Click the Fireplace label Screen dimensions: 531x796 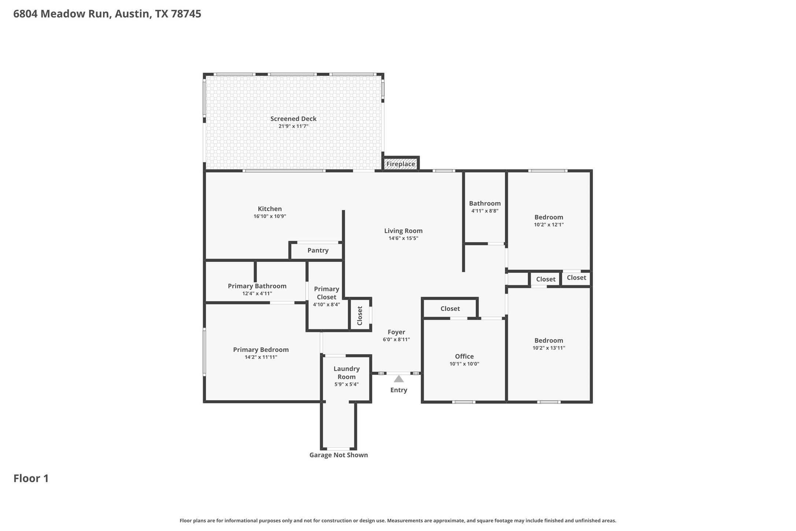tap(401, 164)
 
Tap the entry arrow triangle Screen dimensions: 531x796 tap(398, 379)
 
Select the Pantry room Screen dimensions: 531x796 tap(317, 250)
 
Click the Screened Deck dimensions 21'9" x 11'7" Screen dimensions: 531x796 tap(293, 126)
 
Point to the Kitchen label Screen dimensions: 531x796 tap(270, 209)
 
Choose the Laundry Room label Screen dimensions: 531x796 tap(346, 373)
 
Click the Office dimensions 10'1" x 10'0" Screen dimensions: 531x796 tap(464, 364)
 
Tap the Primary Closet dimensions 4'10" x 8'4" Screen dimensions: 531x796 tap(326, 304)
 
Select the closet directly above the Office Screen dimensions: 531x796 tap(450, 308)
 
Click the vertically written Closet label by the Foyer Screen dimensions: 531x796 tap(360, 315)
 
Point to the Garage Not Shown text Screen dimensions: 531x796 tap(338, 455)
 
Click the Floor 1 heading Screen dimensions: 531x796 tap(31, 478)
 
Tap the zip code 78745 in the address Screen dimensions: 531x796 tap(186, 14)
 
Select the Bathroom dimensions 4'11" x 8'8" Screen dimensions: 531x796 tap(484, 211)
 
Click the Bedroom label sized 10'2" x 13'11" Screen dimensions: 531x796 tap(548, 340)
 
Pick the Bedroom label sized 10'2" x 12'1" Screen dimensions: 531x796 tap(548, 217)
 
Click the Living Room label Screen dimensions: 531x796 tap(403, 231)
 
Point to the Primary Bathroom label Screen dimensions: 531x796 tap(257, 286)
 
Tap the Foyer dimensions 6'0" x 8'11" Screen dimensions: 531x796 tap(396, 340)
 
